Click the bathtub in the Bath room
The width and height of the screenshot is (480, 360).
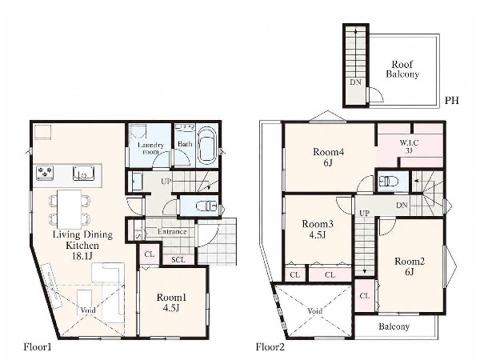207,146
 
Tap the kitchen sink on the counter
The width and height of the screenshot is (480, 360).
83,174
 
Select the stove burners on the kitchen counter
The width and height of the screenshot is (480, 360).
45,172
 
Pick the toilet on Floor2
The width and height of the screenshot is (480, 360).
389,182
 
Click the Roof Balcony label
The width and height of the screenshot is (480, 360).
402,70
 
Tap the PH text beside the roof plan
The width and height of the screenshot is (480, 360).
452,101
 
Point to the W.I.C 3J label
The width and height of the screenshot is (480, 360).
409,146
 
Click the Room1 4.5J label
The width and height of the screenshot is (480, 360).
171,302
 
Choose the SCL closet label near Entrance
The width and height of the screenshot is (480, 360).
178,260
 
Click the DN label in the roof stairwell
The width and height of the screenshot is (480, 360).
355,82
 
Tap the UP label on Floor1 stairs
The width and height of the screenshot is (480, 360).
166,182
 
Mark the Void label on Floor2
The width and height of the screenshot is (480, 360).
314,311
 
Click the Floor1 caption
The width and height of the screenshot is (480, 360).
38,347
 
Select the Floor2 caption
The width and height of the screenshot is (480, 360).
270,347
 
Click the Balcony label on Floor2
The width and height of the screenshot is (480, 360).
394,326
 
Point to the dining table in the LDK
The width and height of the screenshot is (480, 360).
69,209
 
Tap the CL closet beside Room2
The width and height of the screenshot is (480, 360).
365,296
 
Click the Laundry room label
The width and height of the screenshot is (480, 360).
150,148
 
